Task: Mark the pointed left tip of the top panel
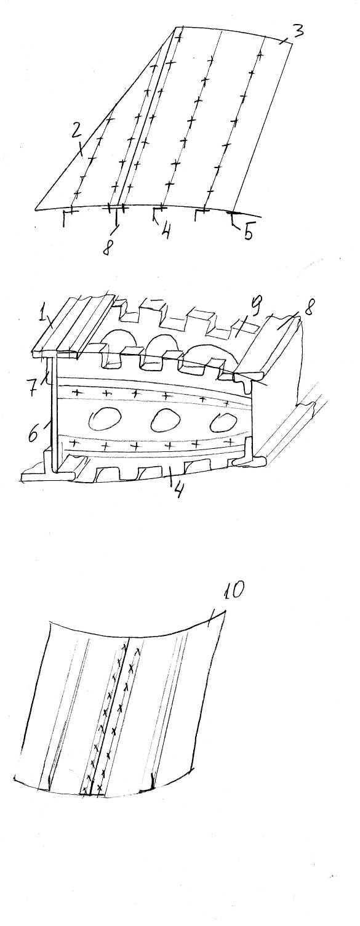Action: (x=35, y=209)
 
